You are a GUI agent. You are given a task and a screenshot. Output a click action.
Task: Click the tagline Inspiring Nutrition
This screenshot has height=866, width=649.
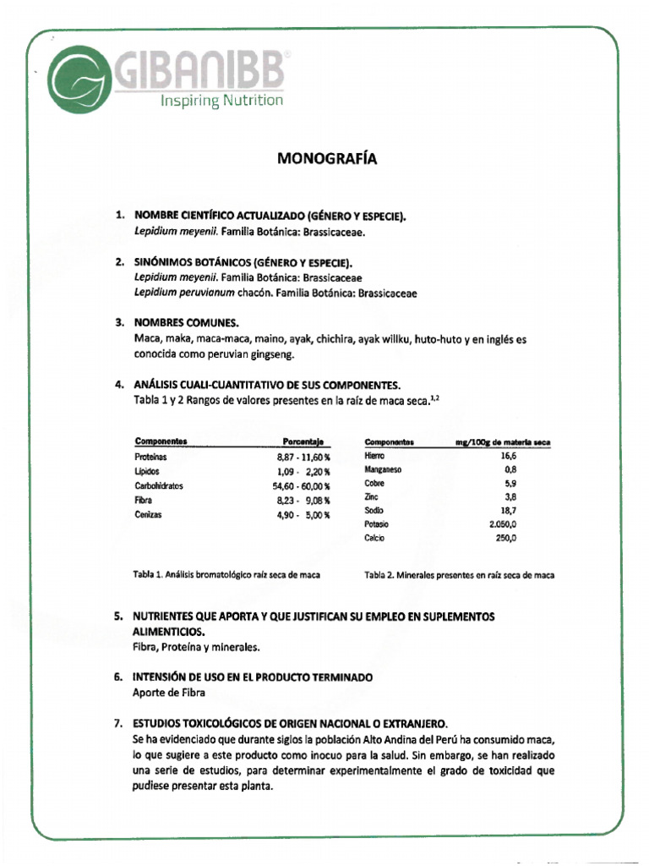point(222,101)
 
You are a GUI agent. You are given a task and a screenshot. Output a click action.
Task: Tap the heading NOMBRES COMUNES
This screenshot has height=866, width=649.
point(186,323)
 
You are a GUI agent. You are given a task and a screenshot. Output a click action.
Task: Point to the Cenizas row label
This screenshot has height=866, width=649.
point(147,514)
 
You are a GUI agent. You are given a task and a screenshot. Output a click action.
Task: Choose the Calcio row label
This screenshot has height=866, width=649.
point(374,538)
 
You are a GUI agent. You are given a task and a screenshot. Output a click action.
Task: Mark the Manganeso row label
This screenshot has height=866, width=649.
point(383,469)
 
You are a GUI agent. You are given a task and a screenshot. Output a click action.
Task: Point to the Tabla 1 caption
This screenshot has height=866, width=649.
point(227,575)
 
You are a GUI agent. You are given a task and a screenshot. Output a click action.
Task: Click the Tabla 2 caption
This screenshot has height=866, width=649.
point(459,575)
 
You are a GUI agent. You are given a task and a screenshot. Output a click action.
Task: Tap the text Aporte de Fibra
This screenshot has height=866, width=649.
point(169,693)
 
